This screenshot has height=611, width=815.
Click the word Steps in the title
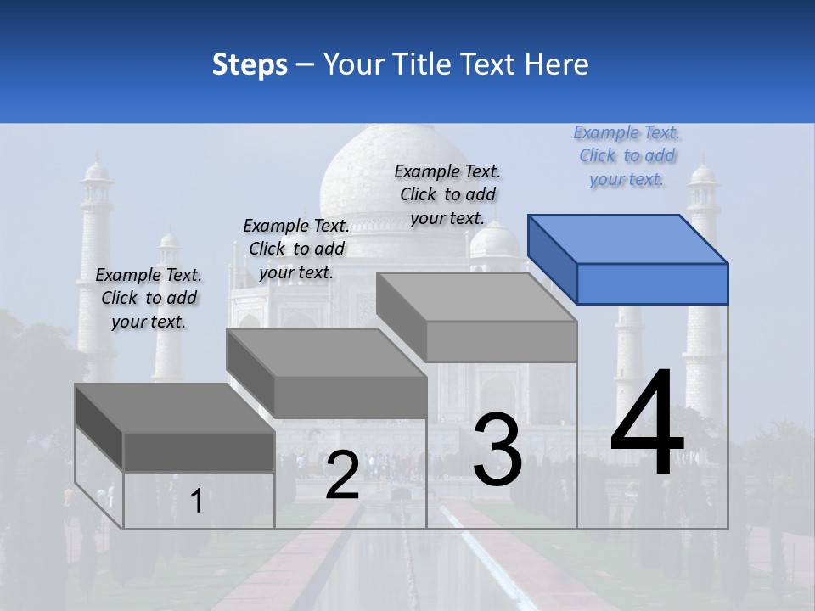(250, 64)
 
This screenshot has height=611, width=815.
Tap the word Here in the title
(555, 64)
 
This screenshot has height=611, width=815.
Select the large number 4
(647, 424)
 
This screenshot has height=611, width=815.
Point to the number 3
(497, 450)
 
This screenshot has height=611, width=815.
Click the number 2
(342, 475)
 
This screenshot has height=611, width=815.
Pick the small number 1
(196, 501)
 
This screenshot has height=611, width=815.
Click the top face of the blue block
(628, 238)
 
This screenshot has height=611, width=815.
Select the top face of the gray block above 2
(326, 352)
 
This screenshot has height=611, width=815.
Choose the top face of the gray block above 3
(475, 297)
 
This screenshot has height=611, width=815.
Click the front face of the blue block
(652, 283)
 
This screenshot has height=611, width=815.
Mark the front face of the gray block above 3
(501, 342)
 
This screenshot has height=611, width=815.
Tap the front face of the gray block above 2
(350, 397)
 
